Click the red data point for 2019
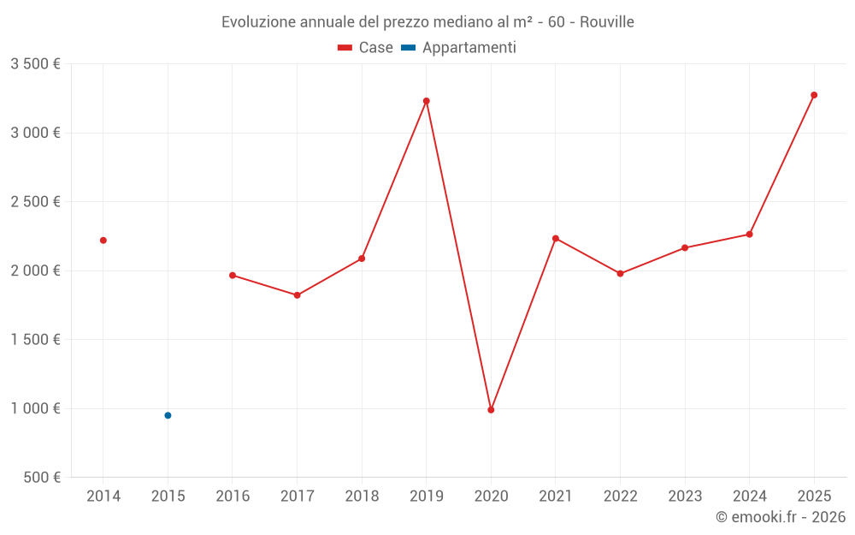426,101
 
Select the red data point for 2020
491,410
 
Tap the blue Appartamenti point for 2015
168,415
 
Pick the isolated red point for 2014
103,241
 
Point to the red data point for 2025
814,95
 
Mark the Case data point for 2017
297,295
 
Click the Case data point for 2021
556,238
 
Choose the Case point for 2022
620,274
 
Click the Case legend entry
366,48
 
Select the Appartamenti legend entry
459,48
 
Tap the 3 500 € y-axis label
35,64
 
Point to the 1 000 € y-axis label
35,408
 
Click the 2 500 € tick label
35,202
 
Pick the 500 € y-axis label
41,478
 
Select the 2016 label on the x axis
233,496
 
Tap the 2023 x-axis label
685,496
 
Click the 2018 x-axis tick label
362,496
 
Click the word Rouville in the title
606,21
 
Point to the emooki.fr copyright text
780,517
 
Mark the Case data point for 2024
749,235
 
